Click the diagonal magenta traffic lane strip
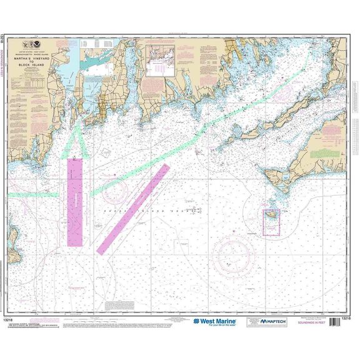133,209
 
